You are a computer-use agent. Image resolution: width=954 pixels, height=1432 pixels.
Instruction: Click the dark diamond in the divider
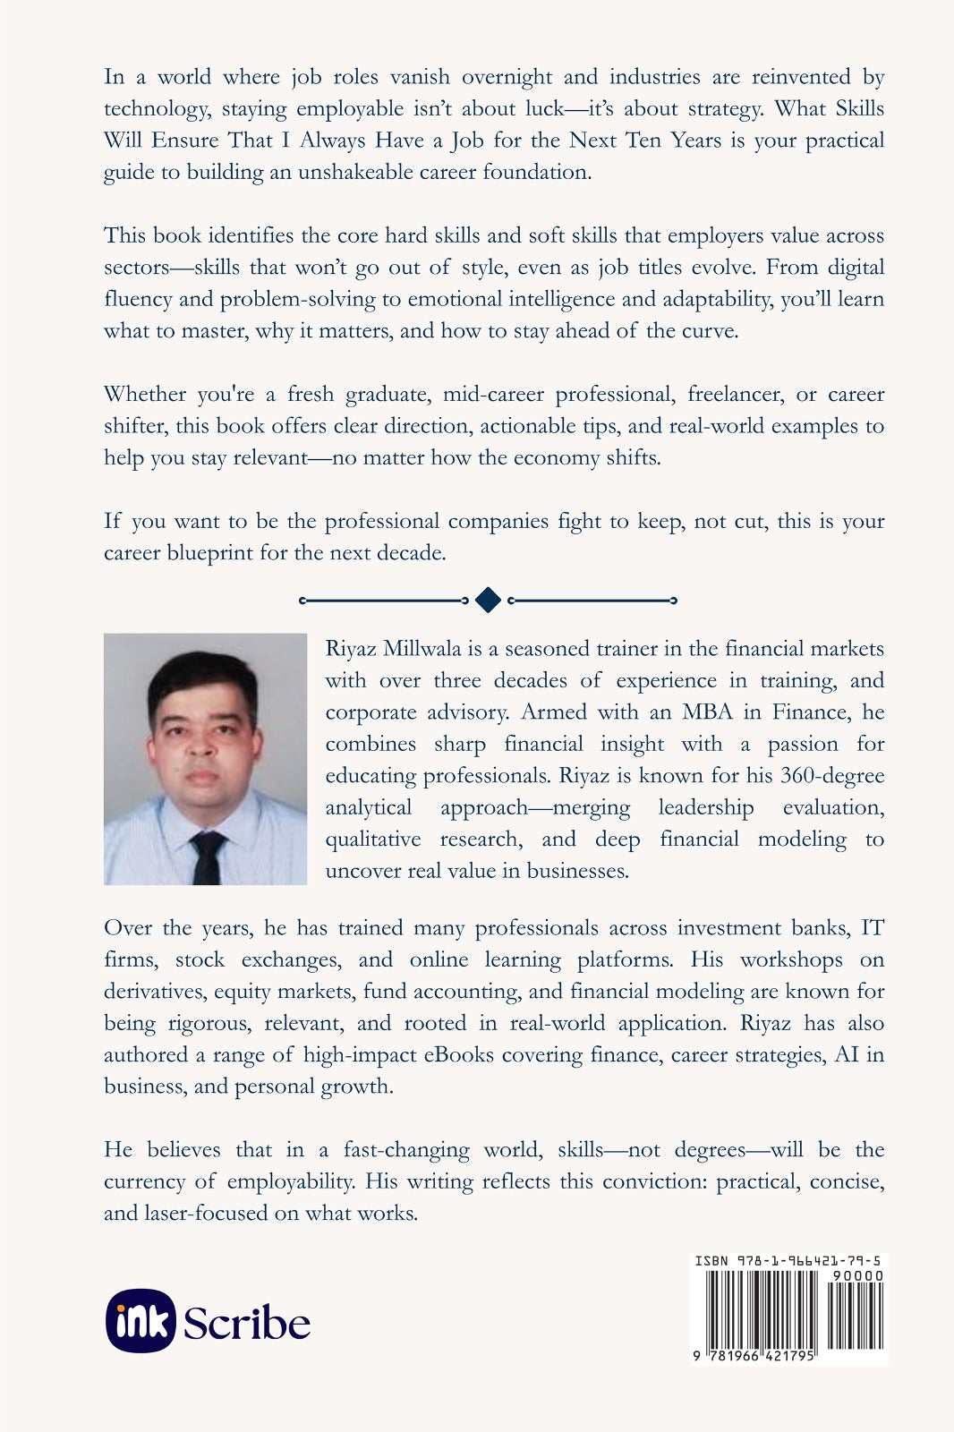coord(488,601)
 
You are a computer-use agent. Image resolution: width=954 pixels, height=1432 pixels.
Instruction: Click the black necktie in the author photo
coord(207,857)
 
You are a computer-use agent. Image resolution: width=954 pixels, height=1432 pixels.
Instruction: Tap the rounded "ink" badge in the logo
coord(141,1321)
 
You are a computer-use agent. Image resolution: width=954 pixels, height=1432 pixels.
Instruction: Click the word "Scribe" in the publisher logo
coord(247,1323)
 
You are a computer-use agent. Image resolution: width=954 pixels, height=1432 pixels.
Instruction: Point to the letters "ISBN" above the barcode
coord(711,1261)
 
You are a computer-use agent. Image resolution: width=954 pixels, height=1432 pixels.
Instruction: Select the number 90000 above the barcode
coord(857,1275)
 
